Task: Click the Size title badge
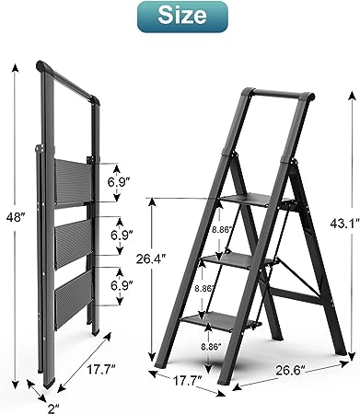182,17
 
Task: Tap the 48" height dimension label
16,218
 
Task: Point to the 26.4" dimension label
151,259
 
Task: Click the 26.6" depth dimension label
290,370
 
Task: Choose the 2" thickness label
53,408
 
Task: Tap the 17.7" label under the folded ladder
100,369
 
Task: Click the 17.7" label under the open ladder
187,381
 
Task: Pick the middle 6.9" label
122,236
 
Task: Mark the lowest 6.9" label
122,285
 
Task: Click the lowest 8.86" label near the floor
211,347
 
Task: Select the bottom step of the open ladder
220,322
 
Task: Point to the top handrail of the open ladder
279,94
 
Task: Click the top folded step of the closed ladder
73,181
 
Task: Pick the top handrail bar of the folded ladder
68,80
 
